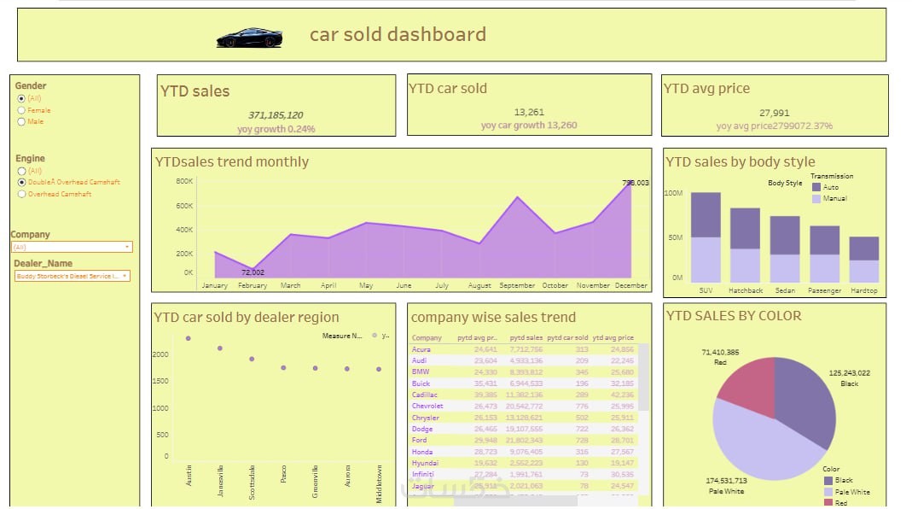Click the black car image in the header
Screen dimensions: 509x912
tap(249, 38)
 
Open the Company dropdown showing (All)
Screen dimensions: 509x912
tap(72, 247)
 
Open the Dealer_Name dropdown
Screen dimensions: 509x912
tap(72, 276)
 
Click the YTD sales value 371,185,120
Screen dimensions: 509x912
tap(276, 114)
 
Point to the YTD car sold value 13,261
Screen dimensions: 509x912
tap(529, 112)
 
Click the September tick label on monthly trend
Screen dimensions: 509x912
tap(517, 285)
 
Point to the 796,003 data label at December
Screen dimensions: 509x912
tap(636, 183)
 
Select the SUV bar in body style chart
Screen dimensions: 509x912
tap(706, 237)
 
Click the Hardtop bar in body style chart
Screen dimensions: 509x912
tap(863, 260)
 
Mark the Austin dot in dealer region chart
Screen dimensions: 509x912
tap(189, 338)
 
